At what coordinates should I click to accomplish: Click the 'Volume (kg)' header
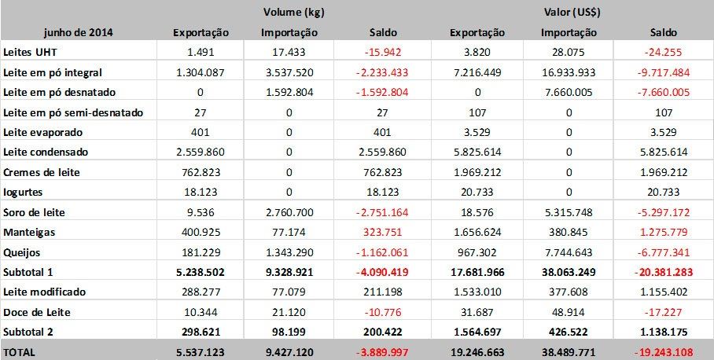point(289,13)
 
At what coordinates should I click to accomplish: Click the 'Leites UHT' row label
point(30,52)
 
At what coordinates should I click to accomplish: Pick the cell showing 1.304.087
point(201,72)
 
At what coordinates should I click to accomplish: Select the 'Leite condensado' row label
point(46,152)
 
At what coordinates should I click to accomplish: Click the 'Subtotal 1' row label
point(31,273)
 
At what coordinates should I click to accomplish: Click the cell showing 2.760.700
point(289,212)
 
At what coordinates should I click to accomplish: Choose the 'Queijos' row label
point(24,252)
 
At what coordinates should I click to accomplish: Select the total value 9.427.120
point(289,353)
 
